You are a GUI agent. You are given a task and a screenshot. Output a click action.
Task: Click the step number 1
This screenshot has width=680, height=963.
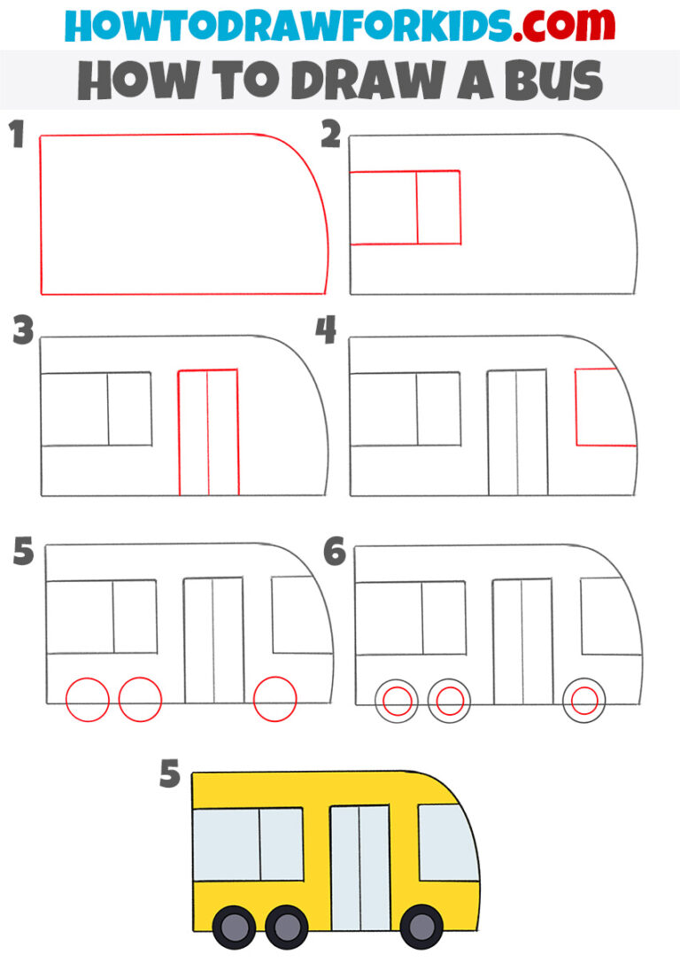(x=15, y=137)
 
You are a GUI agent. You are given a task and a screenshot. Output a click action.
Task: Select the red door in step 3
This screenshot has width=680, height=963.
(x=208, y=431)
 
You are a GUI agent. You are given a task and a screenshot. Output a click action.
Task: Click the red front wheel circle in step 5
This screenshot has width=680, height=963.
(x=274, y=700)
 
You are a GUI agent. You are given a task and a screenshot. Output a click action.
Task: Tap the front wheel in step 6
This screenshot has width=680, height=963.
(x=584, y=702)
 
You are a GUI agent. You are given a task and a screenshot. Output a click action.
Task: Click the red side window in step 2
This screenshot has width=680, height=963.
(x=406, y=207)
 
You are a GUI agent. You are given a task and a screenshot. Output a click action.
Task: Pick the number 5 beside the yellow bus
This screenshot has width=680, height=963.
(x=170, y=776)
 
